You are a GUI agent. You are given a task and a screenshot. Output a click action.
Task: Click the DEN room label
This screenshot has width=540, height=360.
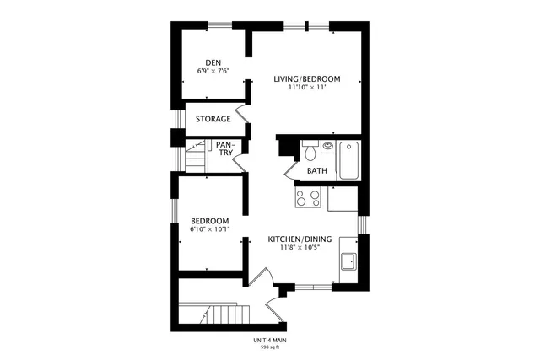213,62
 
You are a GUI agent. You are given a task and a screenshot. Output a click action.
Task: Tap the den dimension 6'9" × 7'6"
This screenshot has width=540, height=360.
213,71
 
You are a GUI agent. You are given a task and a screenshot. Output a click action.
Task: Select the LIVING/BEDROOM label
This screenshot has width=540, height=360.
306,79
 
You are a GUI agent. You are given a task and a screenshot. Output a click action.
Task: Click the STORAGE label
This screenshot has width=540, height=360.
213,119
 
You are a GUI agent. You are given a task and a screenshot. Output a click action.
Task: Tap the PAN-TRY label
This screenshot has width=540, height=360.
224,148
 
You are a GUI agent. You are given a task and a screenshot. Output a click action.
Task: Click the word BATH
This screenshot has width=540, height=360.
316,171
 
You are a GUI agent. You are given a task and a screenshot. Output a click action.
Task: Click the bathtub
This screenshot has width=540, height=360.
348,160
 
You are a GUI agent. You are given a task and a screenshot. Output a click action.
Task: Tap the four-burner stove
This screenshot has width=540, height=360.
307,199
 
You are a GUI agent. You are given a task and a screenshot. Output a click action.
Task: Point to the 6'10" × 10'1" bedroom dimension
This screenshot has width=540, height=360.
208,230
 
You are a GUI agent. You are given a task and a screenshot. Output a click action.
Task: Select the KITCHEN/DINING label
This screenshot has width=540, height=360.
300,239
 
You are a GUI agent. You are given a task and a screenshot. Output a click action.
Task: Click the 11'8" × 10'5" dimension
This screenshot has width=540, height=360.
300,249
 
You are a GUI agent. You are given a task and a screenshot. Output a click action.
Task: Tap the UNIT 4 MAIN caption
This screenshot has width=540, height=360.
270,340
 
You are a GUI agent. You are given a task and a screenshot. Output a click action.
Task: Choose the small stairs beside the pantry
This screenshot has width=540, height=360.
197,158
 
